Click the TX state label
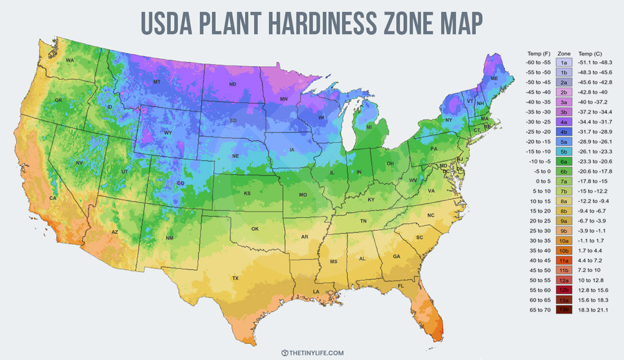[235, 278]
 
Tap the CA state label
[53, 198]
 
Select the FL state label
[401, 286]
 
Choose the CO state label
[181, 183]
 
